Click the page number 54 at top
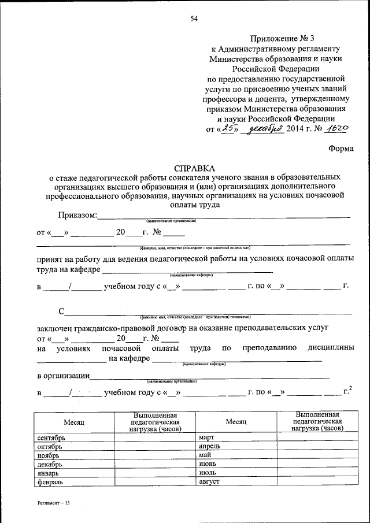[194, 19]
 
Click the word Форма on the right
[341, 148]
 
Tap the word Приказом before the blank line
[77, 216]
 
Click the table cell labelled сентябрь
[73, 437]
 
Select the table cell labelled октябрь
[73, 446]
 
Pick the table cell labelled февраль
[73, 481]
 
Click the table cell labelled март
[236, 437]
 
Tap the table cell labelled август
[236, 481]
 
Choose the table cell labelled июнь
[236, 464]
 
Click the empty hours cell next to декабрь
[155, 464]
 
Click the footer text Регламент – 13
[50, 504]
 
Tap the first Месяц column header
[73, 422]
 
